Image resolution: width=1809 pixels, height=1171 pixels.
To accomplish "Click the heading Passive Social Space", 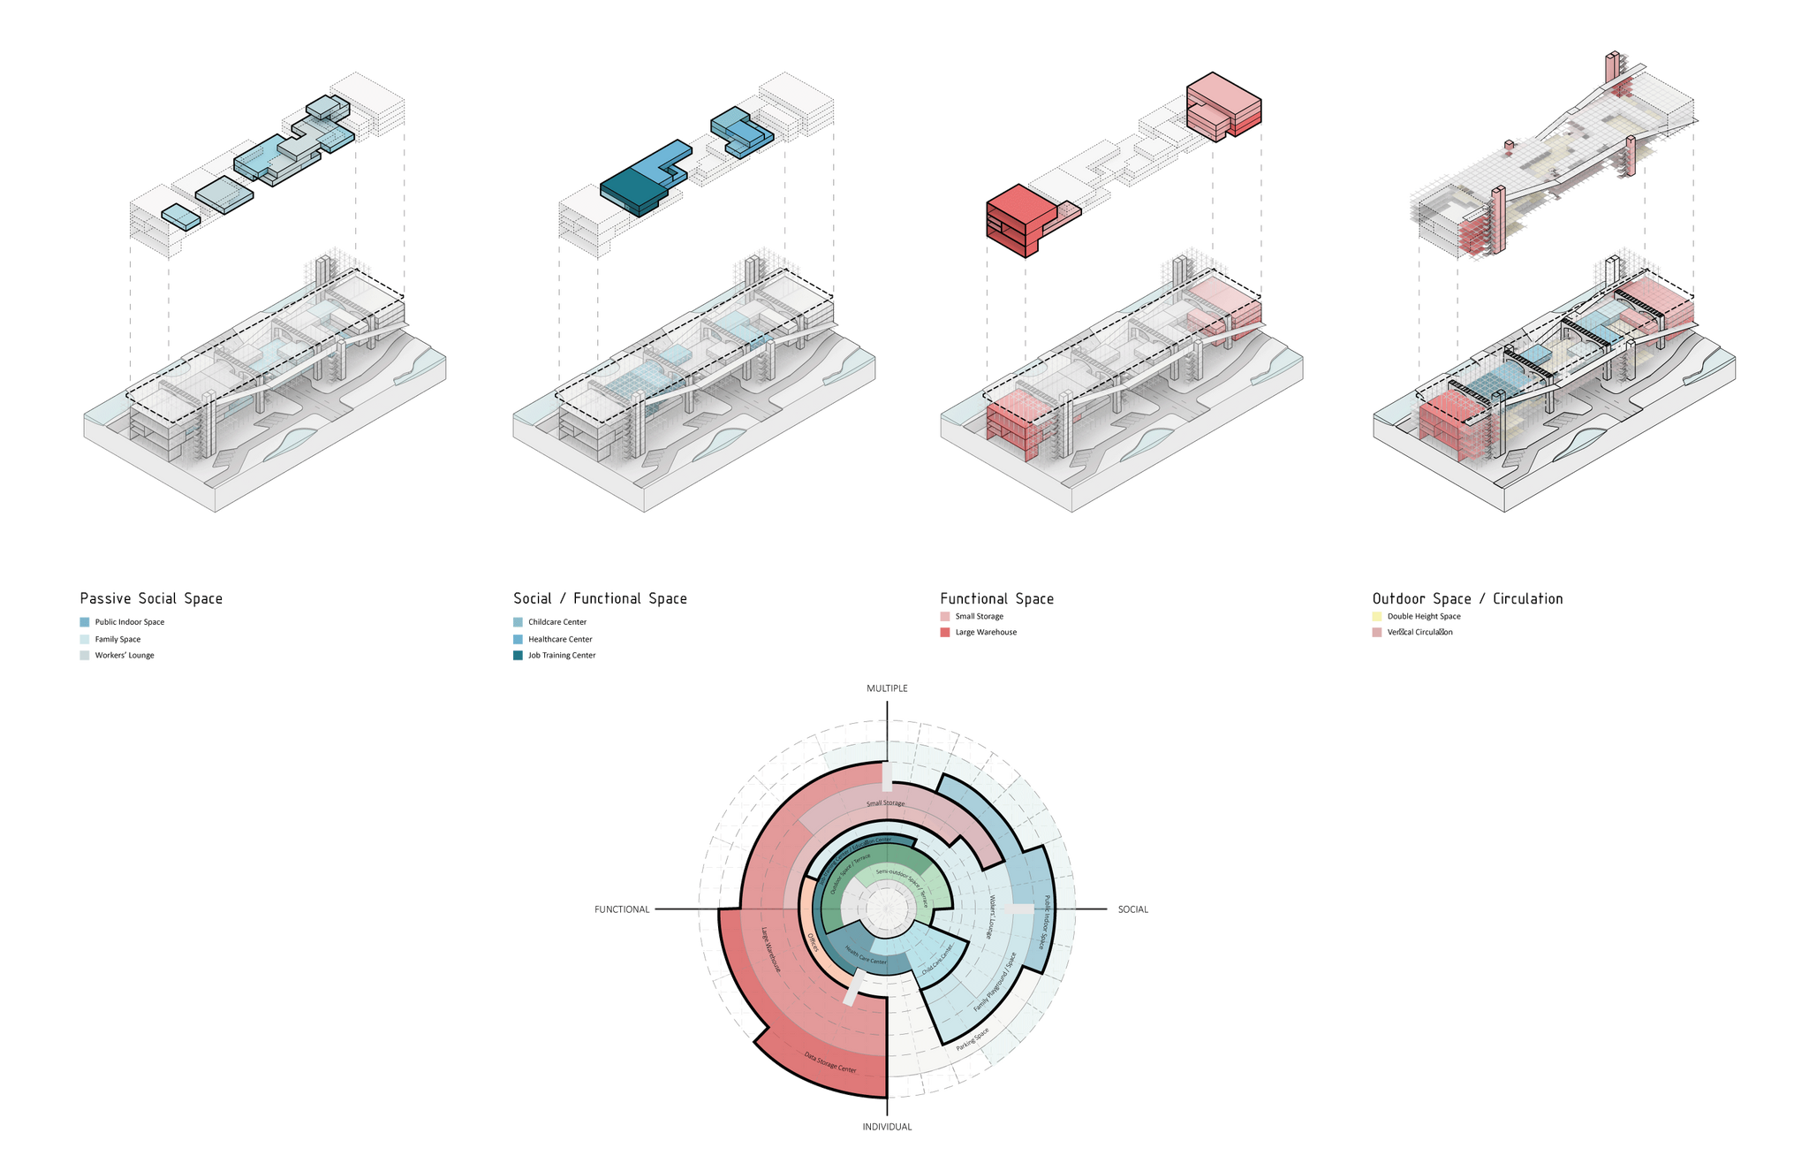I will click(151, 598).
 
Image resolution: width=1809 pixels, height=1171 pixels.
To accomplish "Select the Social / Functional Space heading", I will click(600, 598).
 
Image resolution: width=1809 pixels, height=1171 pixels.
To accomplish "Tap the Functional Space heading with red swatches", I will click(996, 598).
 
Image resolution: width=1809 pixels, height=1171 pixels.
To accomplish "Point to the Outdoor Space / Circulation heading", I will click(1467, 598).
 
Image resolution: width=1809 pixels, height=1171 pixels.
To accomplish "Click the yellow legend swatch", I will click(1376, 616).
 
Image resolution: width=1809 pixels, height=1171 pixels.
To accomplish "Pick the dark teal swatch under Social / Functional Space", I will click(518, 656).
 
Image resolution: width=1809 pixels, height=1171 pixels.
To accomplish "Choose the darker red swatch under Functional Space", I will click(945, 633).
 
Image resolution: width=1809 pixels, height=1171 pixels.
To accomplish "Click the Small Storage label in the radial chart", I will click(885, 803).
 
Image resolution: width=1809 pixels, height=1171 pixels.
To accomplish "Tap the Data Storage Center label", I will click(830, 1062).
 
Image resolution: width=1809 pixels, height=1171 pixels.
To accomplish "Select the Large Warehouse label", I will click(772, 950).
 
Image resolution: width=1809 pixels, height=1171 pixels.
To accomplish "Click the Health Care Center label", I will click(865, 956).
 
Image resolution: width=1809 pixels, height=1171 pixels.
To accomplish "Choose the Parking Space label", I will click(973, 1039).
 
